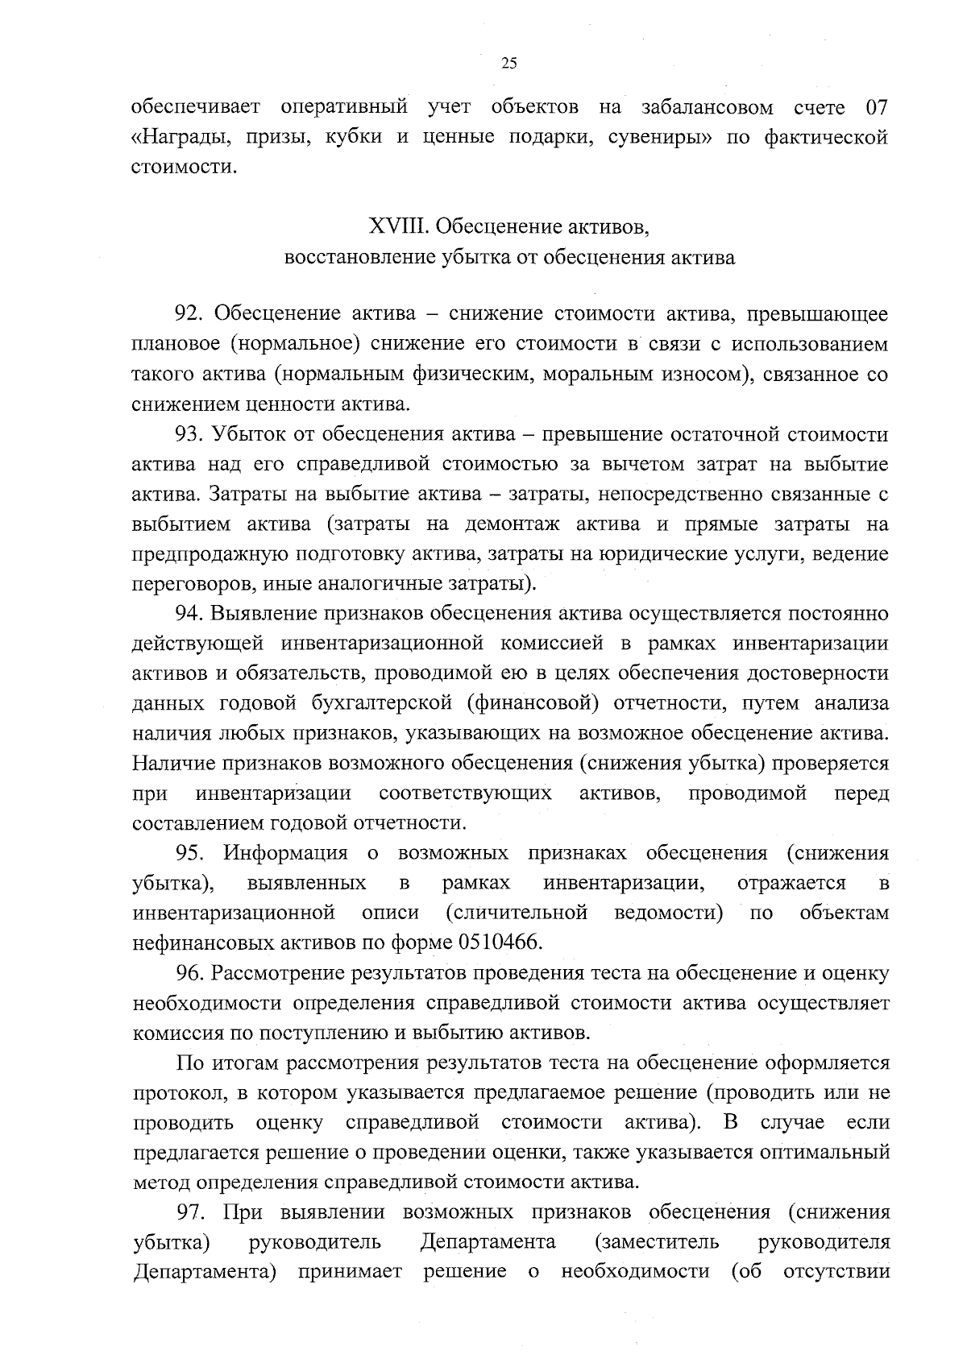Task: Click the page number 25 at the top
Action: click(508, 64)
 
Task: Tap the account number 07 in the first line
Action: click(877, 108)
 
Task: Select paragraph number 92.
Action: click(190, 313)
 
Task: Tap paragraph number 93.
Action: click(190, 435)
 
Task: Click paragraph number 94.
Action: click(190, 614)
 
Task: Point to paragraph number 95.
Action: click(190, 853)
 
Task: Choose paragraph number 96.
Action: click(190, 973)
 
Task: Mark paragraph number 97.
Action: click(190, 1212)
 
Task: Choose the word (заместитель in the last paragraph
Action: click(657, 1242)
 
